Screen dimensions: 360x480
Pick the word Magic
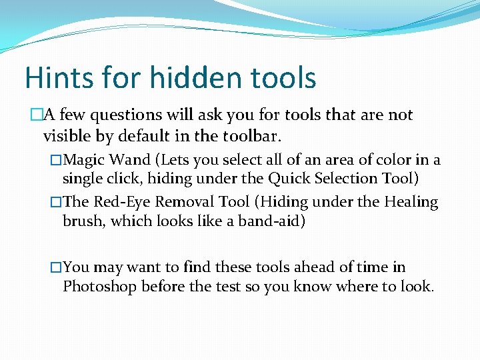[x=86, y=160]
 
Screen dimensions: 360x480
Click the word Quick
[x=289, y=178]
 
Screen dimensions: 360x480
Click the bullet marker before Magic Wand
[x=56, y=161]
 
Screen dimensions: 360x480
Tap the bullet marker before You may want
[x=56, y=268]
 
